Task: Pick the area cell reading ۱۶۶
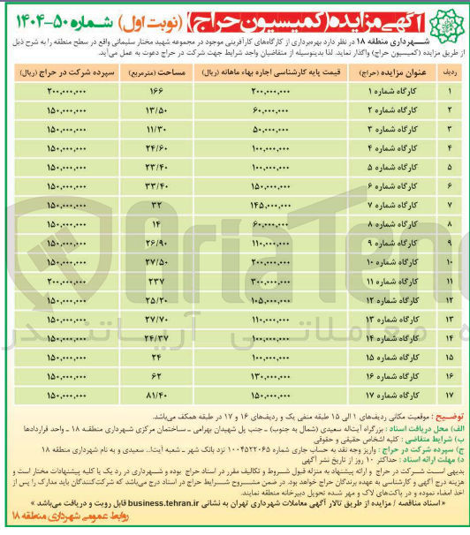[x=157, y=92]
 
